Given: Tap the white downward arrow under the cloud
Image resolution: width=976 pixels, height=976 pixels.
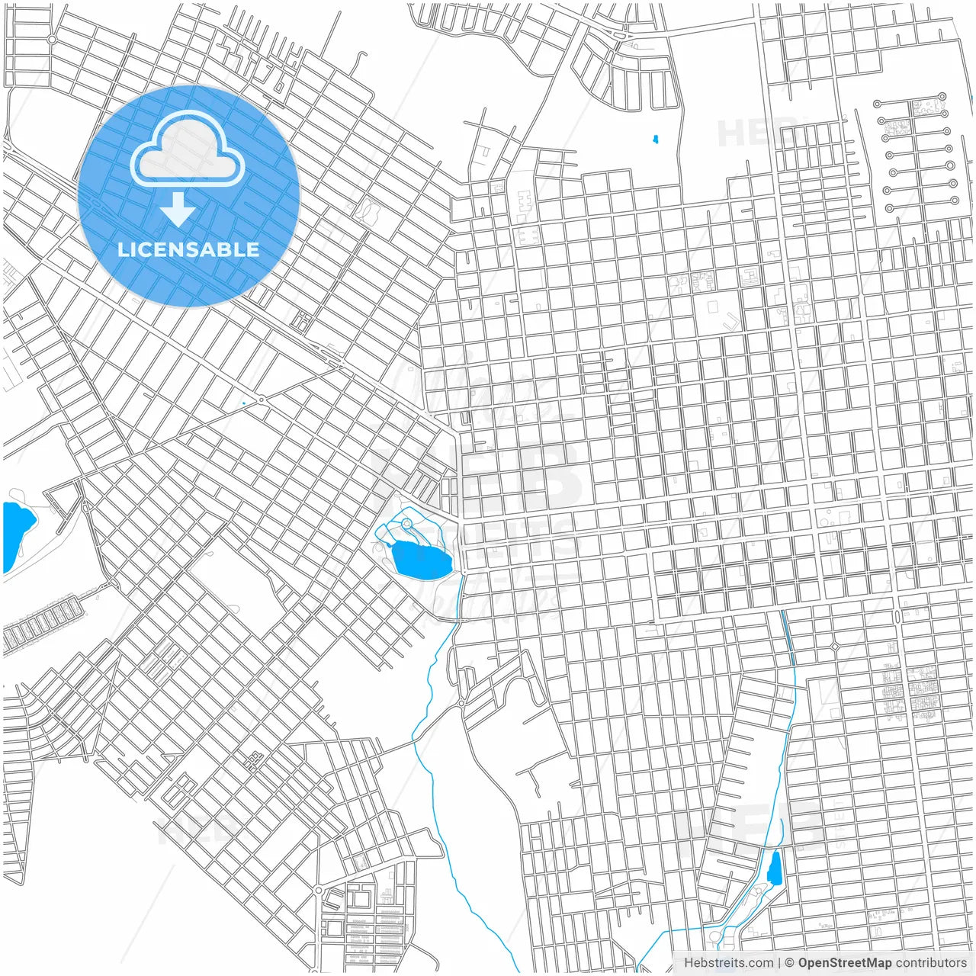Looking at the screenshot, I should click(x=178, y=210).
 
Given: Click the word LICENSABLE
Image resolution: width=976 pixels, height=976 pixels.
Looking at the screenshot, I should click(x=188, y=250).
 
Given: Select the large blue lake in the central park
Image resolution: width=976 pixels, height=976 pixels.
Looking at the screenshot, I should click(x=420, y=560).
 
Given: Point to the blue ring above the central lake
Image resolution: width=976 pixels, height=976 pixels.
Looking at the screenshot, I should click(x=406, y=523).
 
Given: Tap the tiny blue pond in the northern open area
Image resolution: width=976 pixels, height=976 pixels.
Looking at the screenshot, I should click(x=655, y=140).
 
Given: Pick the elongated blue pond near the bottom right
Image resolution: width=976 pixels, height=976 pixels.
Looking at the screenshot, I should click(x=775, y=868).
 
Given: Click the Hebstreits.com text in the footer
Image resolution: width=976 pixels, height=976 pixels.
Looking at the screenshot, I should click(x=728, y=963).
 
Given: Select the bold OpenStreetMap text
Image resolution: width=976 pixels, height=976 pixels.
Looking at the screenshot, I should click(x=844, y=963).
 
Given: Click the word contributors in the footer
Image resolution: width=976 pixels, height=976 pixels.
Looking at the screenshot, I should click(x=930, y=963).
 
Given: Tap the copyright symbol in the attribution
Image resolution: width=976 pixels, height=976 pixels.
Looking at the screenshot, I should click(x=790, y=963).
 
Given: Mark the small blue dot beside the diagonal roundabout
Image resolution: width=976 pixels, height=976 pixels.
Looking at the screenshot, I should click(x=243, y=403).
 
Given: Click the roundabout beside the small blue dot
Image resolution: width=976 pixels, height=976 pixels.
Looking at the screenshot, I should click(x=262, y=399).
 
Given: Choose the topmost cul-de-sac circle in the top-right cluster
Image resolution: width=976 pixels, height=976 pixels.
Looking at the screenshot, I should click(x=942, y=97).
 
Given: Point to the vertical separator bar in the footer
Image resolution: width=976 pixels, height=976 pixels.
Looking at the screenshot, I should click(x=779, y=963).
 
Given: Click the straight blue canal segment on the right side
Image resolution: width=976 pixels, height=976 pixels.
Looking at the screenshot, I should click(x=788, y=634).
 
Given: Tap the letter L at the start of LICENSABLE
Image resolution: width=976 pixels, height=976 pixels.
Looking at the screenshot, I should click(x=122, y=250).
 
